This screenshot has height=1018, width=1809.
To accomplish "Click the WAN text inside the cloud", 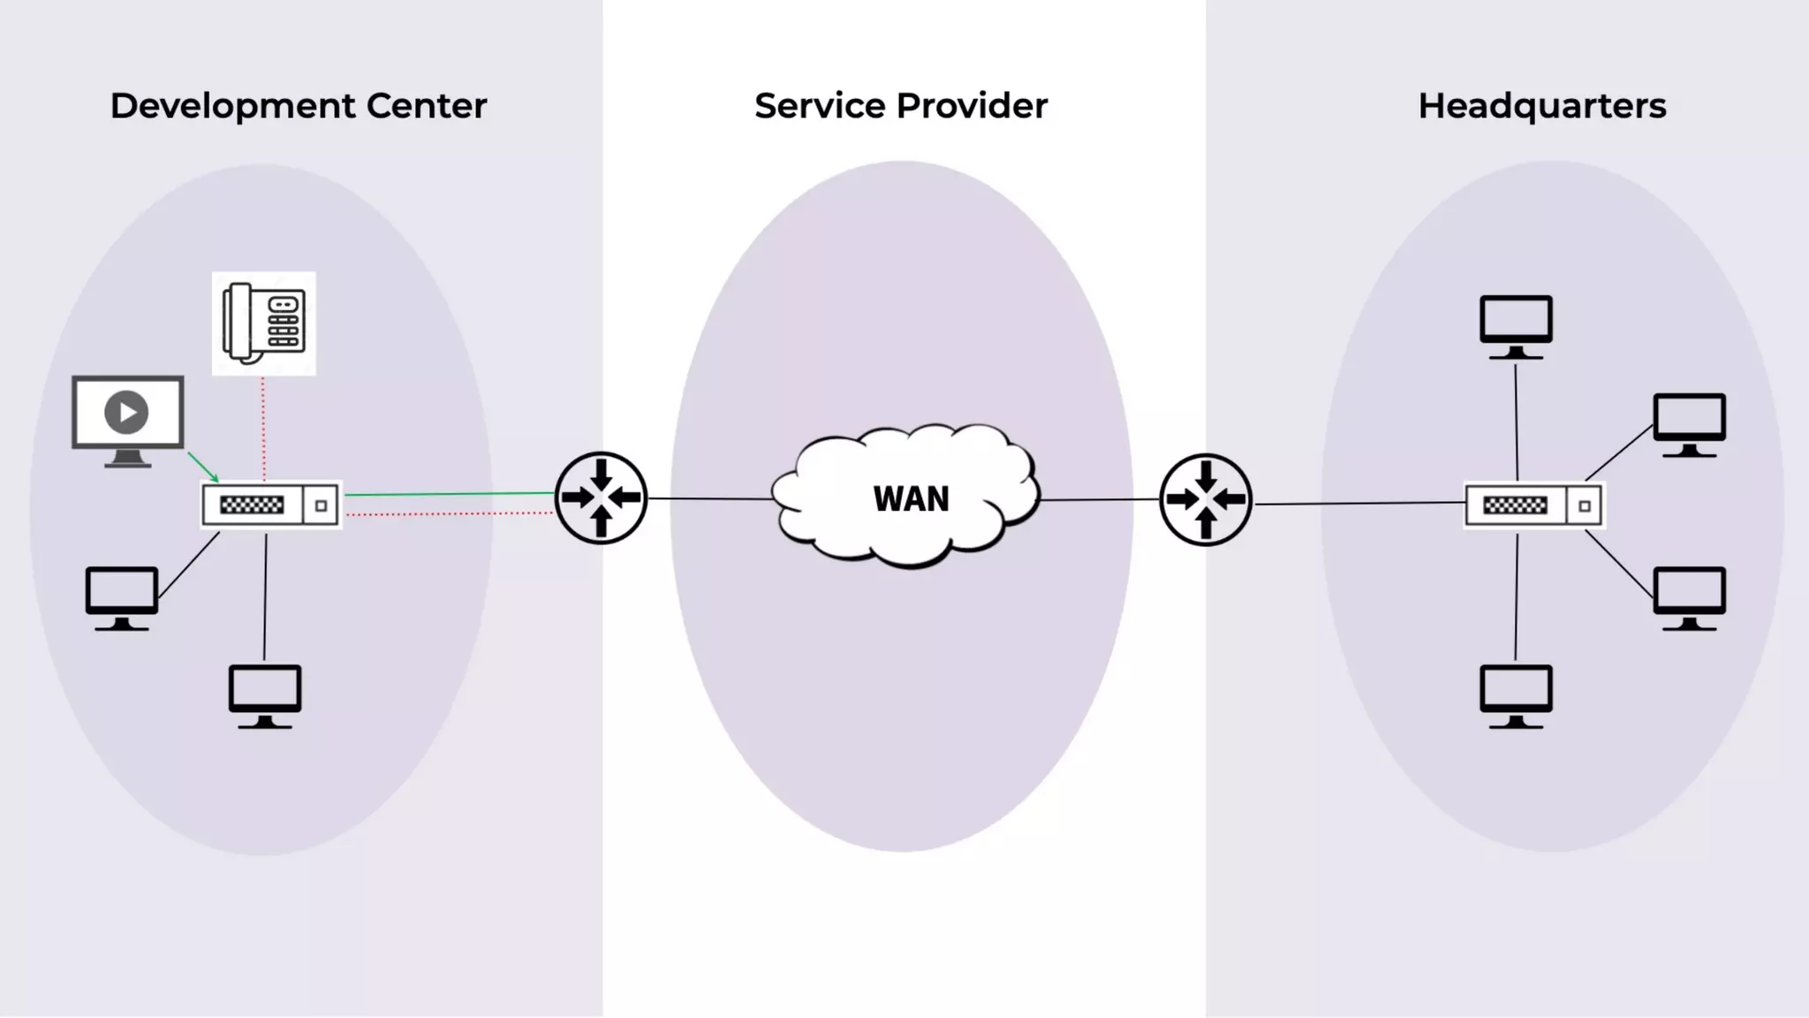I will pyautogui.click(x=911, y=499).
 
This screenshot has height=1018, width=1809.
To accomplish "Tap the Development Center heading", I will pyautogui.click(x=298, y=106).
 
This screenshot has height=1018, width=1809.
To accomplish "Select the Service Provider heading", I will pyautogui.click(x=900, y=106).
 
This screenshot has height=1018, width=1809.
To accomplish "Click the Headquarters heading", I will pyautogui.click(x=1541, y=106).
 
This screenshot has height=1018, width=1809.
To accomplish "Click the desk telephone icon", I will pyautogui.click(x=263, y=323).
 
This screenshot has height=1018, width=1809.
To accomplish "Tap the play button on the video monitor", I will pyautogui.click(x=126, y=413).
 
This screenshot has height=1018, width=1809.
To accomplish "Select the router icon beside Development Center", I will pyautogui.click(x=601, y=498).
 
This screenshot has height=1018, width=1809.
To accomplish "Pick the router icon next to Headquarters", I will pyautogui.click(x=1205, y=499).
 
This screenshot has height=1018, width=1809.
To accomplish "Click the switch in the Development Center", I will pyautogui.click(x=270, y=505).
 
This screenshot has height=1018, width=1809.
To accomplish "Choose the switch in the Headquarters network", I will pyautogui.click(x=1533, y=505).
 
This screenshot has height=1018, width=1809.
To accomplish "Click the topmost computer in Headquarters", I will pyautogui.click(x=1516, y=325).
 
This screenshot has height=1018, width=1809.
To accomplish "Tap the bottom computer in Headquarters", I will pyautogui.click(x=1516, y=695).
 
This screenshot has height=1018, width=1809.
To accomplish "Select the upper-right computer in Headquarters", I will pyautogui.click(x=1689, y=423).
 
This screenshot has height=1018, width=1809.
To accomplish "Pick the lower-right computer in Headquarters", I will pyautogui.click(x=1689, y=596).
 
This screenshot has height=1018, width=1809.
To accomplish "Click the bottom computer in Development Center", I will pyautogui.click(x=265, y=695).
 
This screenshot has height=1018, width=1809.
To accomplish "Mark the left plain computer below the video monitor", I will pyautogui.click(x=122, y=596).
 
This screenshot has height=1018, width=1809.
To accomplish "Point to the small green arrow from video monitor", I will pyautogui.click(x=203, y=467).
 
